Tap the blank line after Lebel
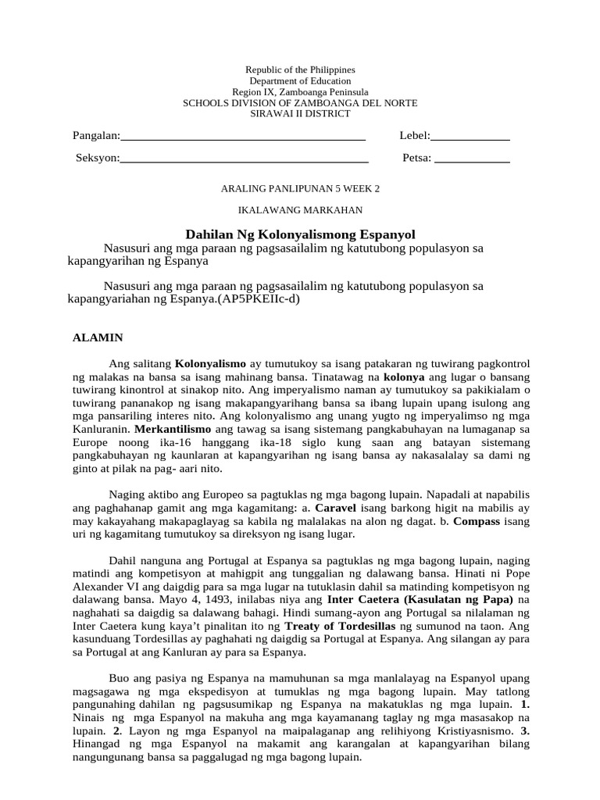470,137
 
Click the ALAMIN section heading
98,338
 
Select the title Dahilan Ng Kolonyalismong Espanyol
300,234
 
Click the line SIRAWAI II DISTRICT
300,114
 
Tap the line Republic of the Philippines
300,70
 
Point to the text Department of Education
300,81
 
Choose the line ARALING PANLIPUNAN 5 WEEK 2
301,189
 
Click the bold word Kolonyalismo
210,364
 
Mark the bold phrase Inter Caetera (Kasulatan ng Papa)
423,600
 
